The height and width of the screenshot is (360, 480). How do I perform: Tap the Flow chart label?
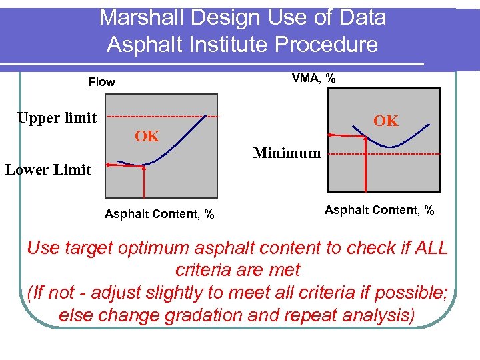(102, 82)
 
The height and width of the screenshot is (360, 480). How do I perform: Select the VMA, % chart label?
(313, 79)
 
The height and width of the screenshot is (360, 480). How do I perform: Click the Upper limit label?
(57, 118)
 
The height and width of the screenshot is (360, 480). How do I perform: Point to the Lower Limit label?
(48, 169)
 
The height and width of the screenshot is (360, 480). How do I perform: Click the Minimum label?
(287, 153)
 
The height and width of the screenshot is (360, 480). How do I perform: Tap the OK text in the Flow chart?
(147, 137)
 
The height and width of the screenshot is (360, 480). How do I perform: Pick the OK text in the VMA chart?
(386, 121)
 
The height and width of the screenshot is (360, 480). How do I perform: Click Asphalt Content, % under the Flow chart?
(159, 214)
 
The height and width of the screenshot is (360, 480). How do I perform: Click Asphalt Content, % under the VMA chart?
(379, 210)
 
